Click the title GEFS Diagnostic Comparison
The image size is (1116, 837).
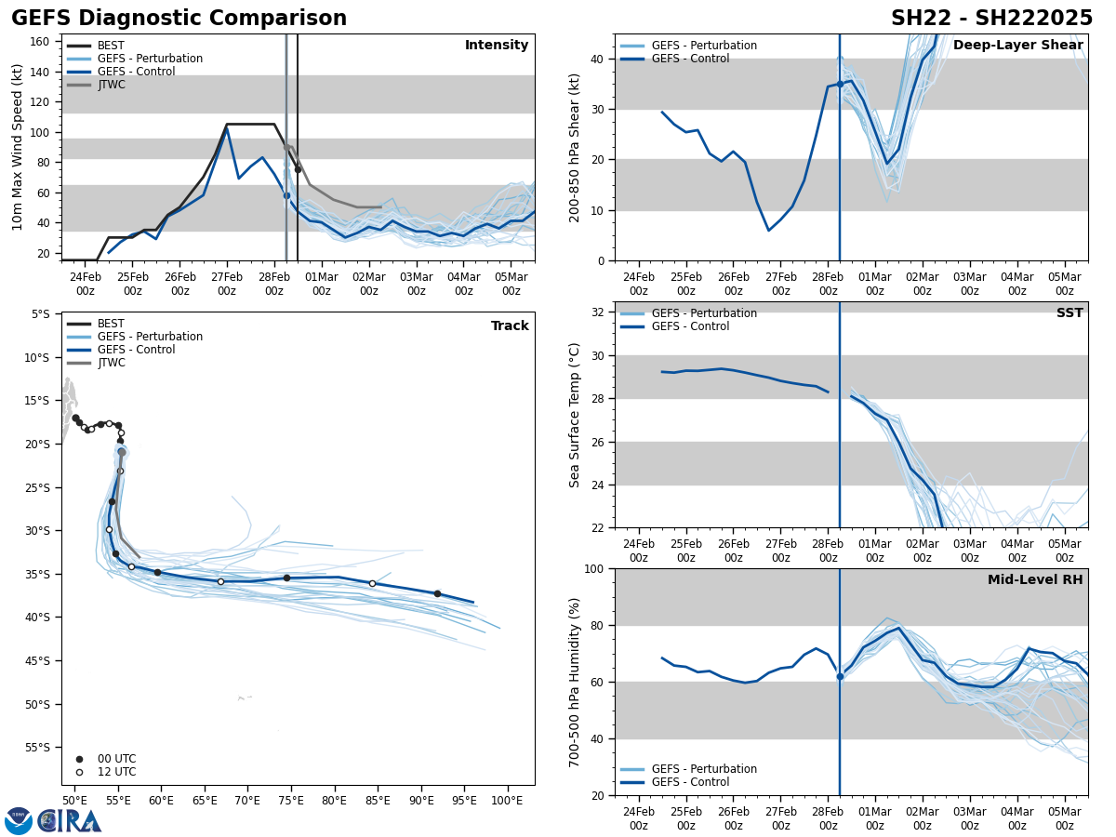coord(179,19)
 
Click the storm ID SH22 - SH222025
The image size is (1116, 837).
coord(991,19)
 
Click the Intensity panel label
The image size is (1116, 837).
coord(497,46)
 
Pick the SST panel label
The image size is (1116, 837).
coord(1069,313)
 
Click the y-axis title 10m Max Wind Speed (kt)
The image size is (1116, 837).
coord(18,147)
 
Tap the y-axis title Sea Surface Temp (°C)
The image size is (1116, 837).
coord(575,415)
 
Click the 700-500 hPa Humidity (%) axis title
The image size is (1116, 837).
coord(575,682)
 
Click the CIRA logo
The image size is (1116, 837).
coord(71,821)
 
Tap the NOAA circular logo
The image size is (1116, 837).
coord(18,821)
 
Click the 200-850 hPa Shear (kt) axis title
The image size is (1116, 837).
coord(575,147)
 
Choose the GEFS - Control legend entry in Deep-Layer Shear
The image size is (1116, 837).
coord(690,59)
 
